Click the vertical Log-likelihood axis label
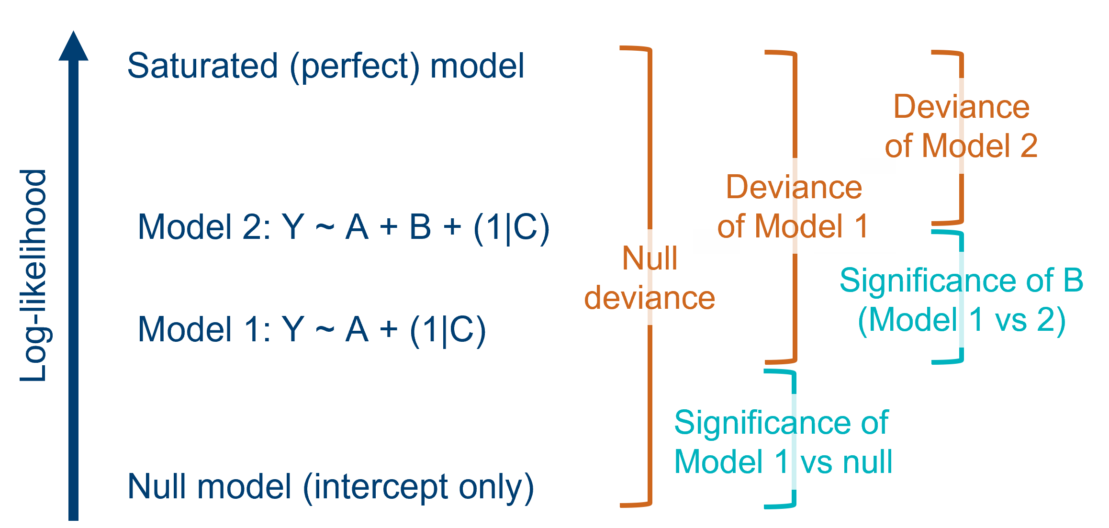tap(34, 275)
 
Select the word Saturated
tap(202, 66)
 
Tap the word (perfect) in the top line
tap(354, 67)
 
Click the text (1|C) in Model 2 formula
tap(511, 227)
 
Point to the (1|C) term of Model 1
tap(448, 330)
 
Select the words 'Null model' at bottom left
tap(209, 486)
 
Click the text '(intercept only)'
tap(418, 487)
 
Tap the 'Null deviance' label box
tap(650, 278)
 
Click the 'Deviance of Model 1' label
tap(793, 206)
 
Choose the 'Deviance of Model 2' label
tap(961, 126)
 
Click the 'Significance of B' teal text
tap(961, 280)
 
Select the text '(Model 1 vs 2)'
tap(961, 320)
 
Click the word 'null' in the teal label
tap(867, 462)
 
